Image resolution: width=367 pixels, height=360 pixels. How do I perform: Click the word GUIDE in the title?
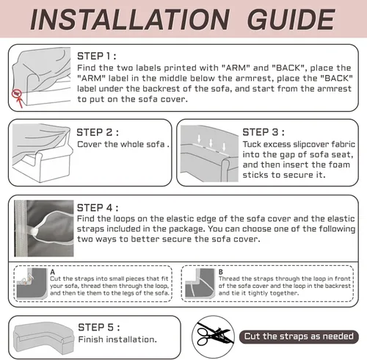point(291,19)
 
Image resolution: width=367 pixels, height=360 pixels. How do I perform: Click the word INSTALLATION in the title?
point(130,19)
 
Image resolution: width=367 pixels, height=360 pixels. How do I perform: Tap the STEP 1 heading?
point(97,56)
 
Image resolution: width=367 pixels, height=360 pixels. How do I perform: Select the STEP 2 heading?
point(98,132)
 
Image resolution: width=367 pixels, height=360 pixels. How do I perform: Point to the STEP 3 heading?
point(264,132)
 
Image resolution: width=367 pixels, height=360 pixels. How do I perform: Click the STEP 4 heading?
point(98,208)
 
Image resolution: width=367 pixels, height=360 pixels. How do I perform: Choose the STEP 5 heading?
point(99,327)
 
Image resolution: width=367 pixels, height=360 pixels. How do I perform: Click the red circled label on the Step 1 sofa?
point(17,93)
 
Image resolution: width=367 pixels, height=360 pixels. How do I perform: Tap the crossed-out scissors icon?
point(213,336)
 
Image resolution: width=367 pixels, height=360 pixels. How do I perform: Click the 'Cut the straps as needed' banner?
point(299,336)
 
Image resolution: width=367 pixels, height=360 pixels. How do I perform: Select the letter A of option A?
point(53,272)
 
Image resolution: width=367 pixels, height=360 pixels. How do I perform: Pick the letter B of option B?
point(221,272)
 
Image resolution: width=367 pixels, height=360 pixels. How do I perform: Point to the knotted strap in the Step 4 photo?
point(34,231)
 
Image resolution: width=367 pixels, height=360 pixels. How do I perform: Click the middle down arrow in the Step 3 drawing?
point(211,143)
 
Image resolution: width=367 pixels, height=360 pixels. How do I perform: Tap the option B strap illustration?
point(200,283)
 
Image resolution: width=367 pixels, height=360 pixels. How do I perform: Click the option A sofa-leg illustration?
point(32,283)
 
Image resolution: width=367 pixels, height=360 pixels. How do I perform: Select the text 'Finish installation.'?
point(117,339)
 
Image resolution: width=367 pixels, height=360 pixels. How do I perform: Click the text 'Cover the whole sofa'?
point(121,144)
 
